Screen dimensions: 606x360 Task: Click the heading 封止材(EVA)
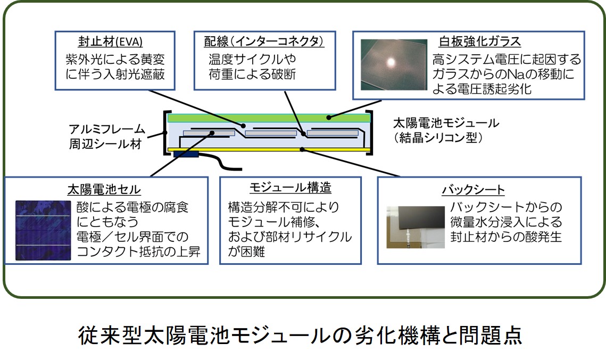coord(110,41)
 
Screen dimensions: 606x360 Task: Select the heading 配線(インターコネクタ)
coord(264,41)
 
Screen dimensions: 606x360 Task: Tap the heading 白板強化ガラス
coord(479,41)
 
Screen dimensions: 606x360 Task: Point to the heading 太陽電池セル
coord(104,189)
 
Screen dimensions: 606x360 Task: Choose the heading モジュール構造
coord(290,187)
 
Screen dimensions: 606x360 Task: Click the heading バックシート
coord(473,190)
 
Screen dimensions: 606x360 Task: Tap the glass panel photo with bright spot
coord(394,64)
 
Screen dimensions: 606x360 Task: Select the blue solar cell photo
coord(43,230)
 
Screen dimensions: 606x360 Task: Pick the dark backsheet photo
coord(416,227)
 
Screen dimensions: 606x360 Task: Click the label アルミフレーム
coord(106,129)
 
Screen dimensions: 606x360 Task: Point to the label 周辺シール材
coord(105,144)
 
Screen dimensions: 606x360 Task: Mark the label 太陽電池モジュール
coord(446,123)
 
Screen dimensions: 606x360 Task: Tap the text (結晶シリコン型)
coord(438,138)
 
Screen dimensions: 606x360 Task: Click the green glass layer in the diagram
coord(269,118)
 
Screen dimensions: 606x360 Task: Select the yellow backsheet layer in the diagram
coord(269,149)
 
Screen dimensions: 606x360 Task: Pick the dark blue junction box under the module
coord(186,154)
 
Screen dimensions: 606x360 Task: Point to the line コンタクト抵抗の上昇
coord(138,252)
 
